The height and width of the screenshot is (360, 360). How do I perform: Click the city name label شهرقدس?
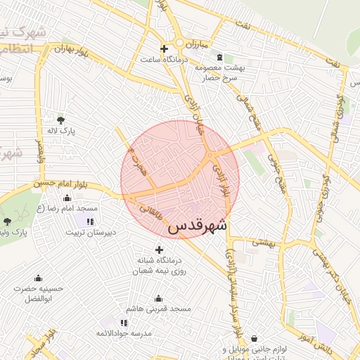198,226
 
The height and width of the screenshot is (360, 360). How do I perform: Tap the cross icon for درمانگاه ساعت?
164,49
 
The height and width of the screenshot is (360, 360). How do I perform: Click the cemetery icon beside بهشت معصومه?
219,57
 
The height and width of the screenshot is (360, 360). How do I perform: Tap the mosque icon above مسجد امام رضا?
67,198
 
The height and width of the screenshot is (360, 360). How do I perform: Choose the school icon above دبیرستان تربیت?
89,221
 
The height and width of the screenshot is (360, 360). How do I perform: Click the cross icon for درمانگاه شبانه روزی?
159,250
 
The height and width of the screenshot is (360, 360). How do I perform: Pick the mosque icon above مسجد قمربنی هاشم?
157,298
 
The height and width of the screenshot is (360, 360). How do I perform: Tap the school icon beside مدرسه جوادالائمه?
124,323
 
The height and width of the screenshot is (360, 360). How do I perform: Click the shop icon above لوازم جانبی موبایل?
254,338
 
